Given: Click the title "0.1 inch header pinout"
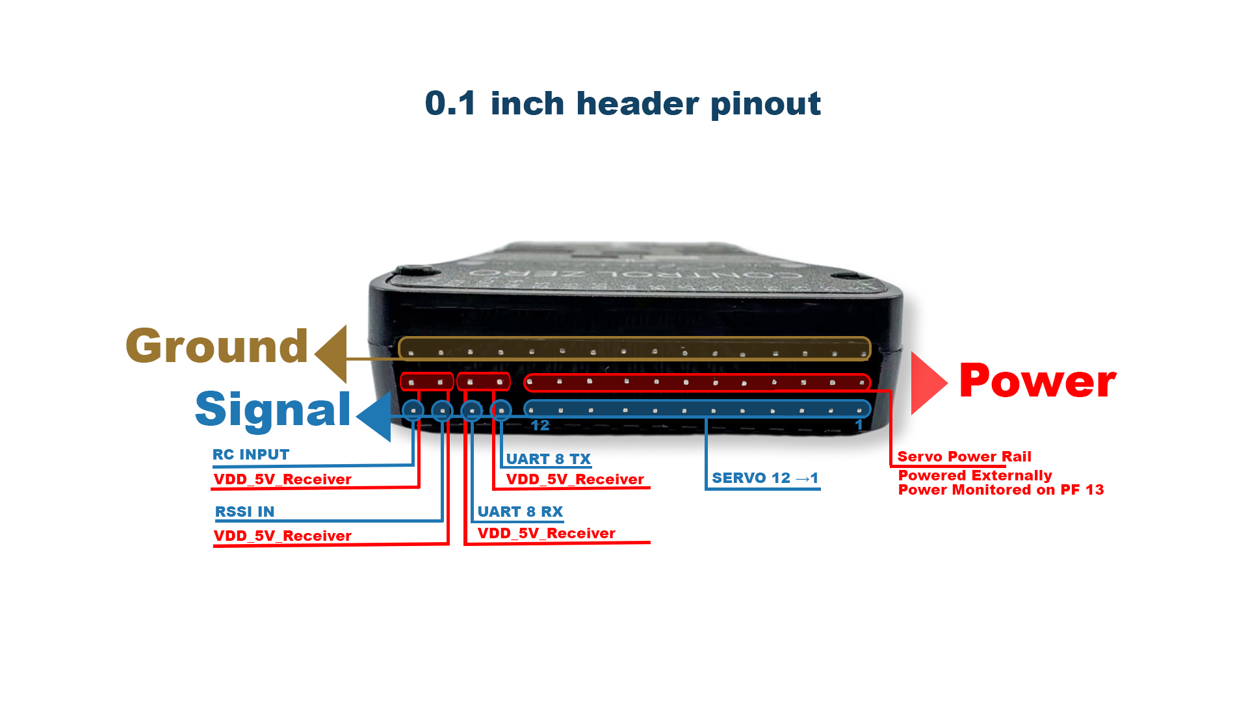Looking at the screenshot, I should coord(623,104).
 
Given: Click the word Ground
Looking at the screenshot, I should coord(216,346).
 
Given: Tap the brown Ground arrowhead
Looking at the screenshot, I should coord(332,354).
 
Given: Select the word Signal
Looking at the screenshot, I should coord(272,409).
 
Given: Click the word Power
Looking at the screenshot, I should coord(1037,382).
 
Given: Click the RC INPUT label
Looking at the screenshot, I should coord(251,454).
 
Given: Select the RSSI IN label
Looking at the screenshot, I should coord(244,512).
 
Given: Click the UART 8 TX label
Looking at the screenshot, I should coord(548,459).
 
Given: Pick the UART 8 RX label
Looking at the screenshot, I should coord(520,512).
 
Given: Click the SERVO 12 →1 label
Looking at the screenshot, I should coord(764,478).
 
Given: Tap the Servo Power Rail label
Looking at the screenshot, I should coord(964,456).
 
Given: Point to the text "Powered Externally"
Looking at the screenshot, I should coord(974,475).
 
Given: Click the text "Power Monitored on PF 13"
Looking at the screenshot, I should coord(1000,490).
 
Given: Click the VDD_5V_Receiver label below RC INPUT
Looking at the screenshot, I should coord(282,480).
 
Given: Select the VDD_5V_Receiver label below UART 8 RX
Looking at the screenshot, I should coord(546,534).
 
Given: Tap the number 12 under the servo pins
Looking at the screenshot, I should coord(540,426).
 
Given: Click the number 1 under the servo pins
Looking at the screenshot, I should coord(859,426).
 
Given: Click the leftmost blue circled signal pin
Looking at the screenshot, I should coord(413,410).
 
